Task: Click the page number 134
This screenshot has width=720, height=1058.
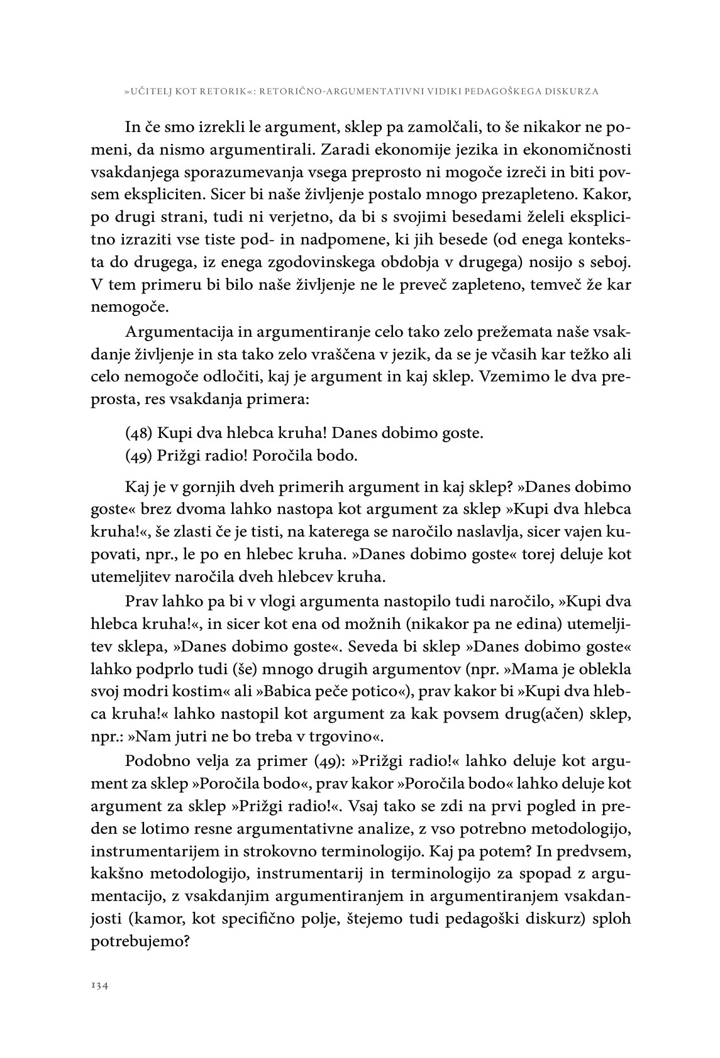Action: (x=101, y=986)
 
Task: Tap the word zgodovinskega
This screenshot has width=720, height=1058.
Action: (x=355, y=262)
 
